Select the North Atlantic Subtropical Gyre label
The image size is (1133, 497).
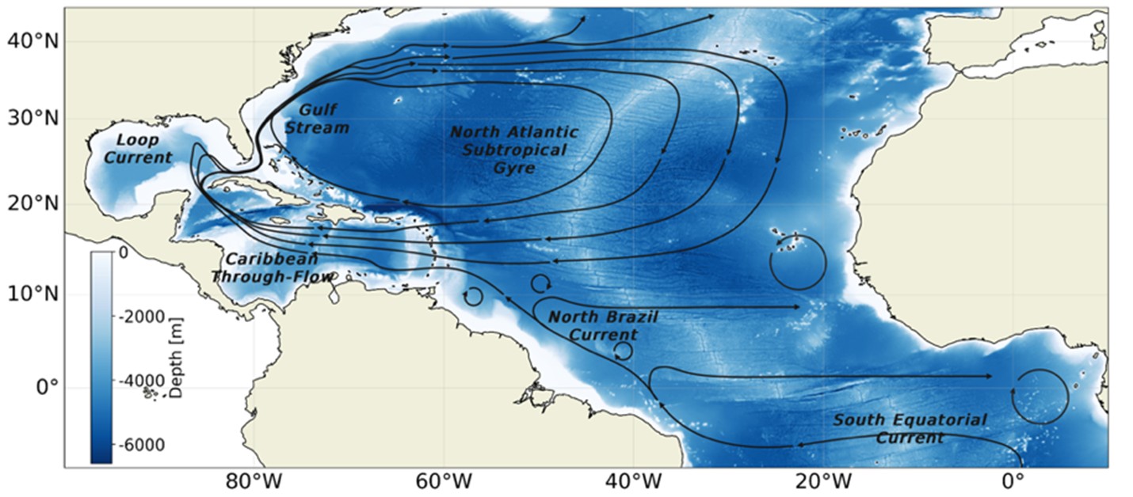coord(514,150)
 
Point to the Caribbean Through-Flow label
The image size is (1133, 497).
coord(271,267)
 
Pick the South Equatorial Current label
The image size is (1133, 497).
coord(910,428)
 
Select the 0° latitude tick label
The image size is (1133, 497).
coord(44,388)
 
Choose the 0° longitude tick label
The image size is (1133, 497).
coord(1013,480)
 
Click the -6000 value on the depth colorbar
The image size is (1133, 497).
coord(143,446)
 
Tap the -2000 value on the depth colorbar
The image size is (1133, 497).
coord(143,317)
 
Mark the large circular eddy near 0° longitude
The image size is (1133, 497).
coord(1040,396)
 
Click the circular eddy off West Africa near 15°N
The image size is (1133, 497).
coord(798,262)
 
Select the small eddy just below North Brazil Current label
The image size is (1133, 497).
coord(623,351)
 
